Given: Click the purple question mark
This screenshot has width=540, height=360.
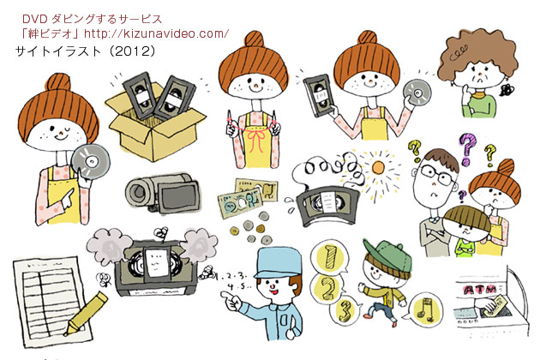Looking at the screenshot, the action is [x=468, y=149].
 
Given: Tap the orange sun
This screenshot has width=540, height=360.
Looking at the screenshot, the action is [x=378, y=168].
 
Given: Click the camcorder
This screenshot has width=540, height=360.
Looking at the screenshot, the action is [x=163, y=193].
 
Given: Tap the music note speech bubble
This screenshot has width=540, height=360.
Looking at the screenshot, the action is [x=423, y=309].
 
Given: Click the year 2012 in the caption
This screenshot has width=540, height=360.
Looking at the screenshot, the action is [x=134, y=51].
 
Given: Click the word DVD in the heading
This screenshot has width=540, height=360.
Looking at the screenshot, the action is [x=34, y=19].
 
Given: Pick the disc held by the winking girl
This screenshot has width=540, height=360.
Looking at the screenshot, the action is [x=91, y=161].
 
